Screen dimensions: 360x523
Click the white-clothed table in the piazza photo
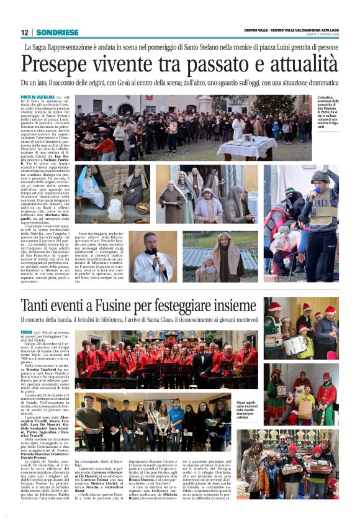click(x=261, y=147)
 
